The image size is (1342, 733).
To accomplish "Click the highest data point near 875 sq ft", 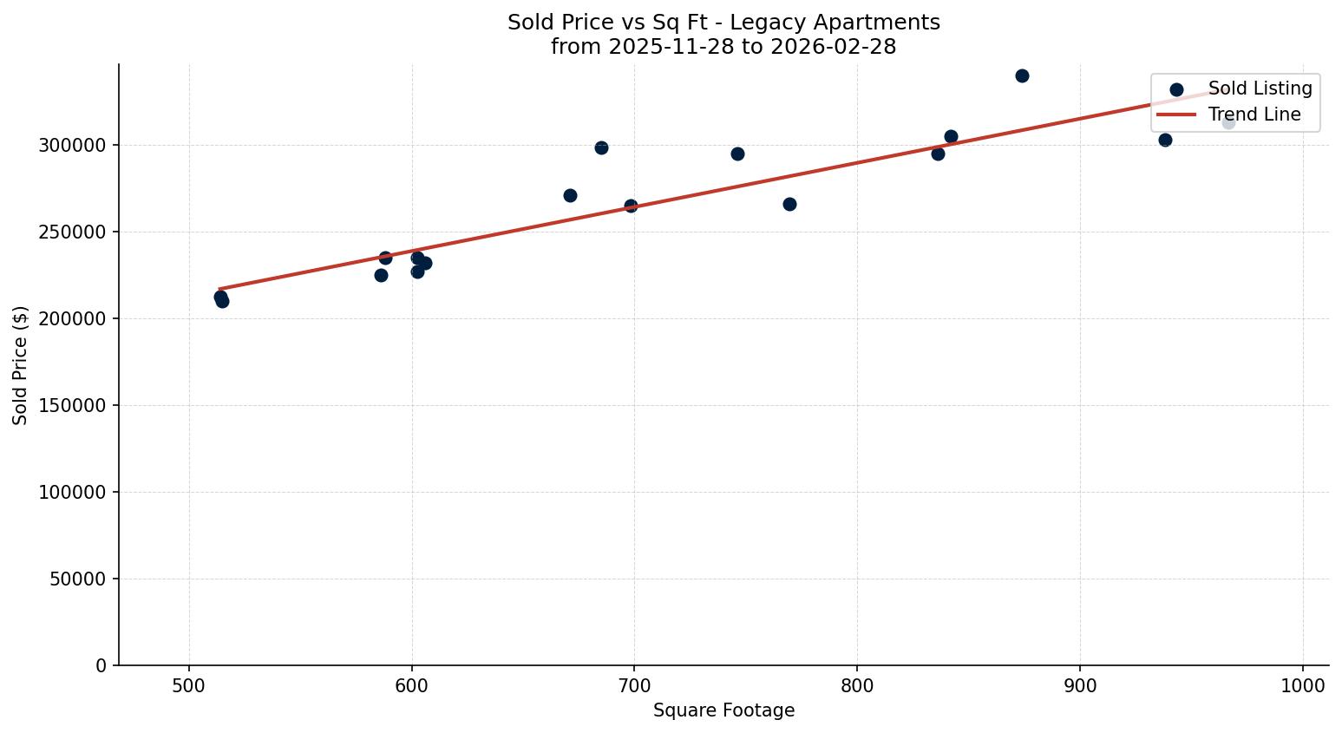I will point(1022,75).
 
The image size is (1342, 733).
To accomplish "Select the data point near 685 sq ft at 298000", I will point(601,147).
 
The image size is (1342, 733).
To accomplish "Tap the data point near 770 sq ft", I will point(789,204).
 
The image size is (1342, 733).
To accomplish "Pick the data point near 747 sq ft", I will point(737,154).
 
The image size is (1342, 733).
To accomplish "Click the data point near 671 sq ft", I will point(570,195).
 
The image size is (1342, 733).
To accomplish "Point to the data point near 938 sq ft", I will point(1165,140).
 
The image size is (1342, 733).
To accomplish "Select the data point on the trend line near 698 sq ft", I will point(631,206).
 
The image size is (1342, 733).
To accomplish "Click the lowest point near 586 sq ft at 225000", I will point(381,275).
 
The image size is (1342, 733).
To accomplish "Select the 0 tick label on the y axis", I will point(101,665).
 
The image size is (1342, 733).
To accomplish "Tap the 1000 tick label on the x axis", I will point(1302,685).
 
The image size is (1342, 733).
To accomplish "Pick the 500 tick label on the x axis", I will point(189,685).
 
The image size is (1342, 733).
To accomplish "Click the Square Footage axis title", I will point(723,710).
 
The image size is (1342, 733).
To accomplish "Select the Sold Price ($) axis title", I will point(20,365).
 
